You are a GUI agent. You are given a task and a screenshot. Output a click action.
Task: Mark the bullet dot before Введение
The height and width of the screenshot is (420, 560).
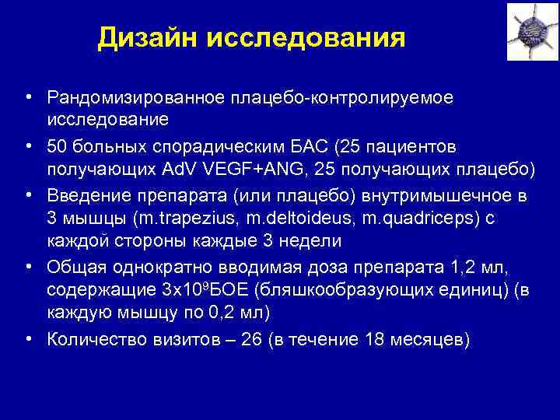[28, 194]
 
